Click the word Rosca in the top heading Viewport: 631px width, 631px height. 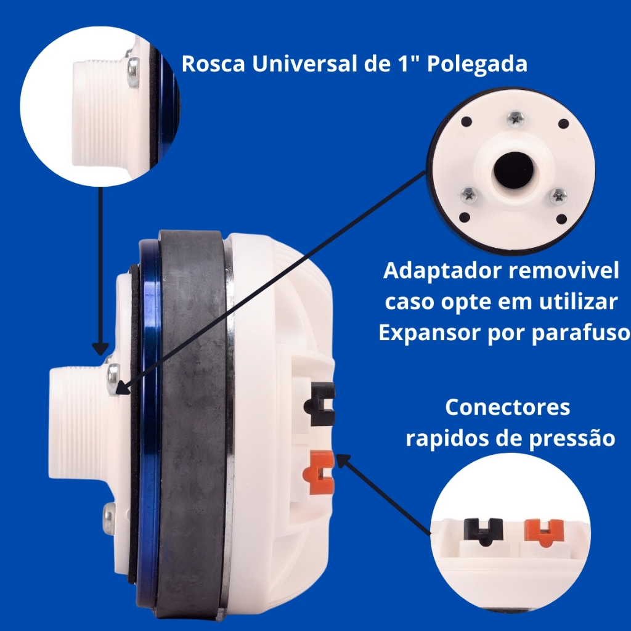[x=213, y=63]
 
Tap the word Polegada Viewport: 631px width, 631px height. [x=477, y=64]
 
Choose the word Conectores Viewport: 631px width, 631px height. [x=508, y=407]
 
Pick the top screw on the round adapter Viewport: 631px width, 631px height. [x=515, y=119]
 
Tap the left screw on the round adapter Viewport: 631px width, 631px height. [x=469, y=195]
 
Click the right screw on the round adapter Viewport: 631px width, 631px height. [x=558, y=197]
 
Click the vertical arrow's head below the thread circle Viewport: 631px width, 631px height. [x=100, y=349]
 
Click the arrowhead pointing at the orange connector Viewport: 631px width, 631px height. [x=342, y=460]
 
